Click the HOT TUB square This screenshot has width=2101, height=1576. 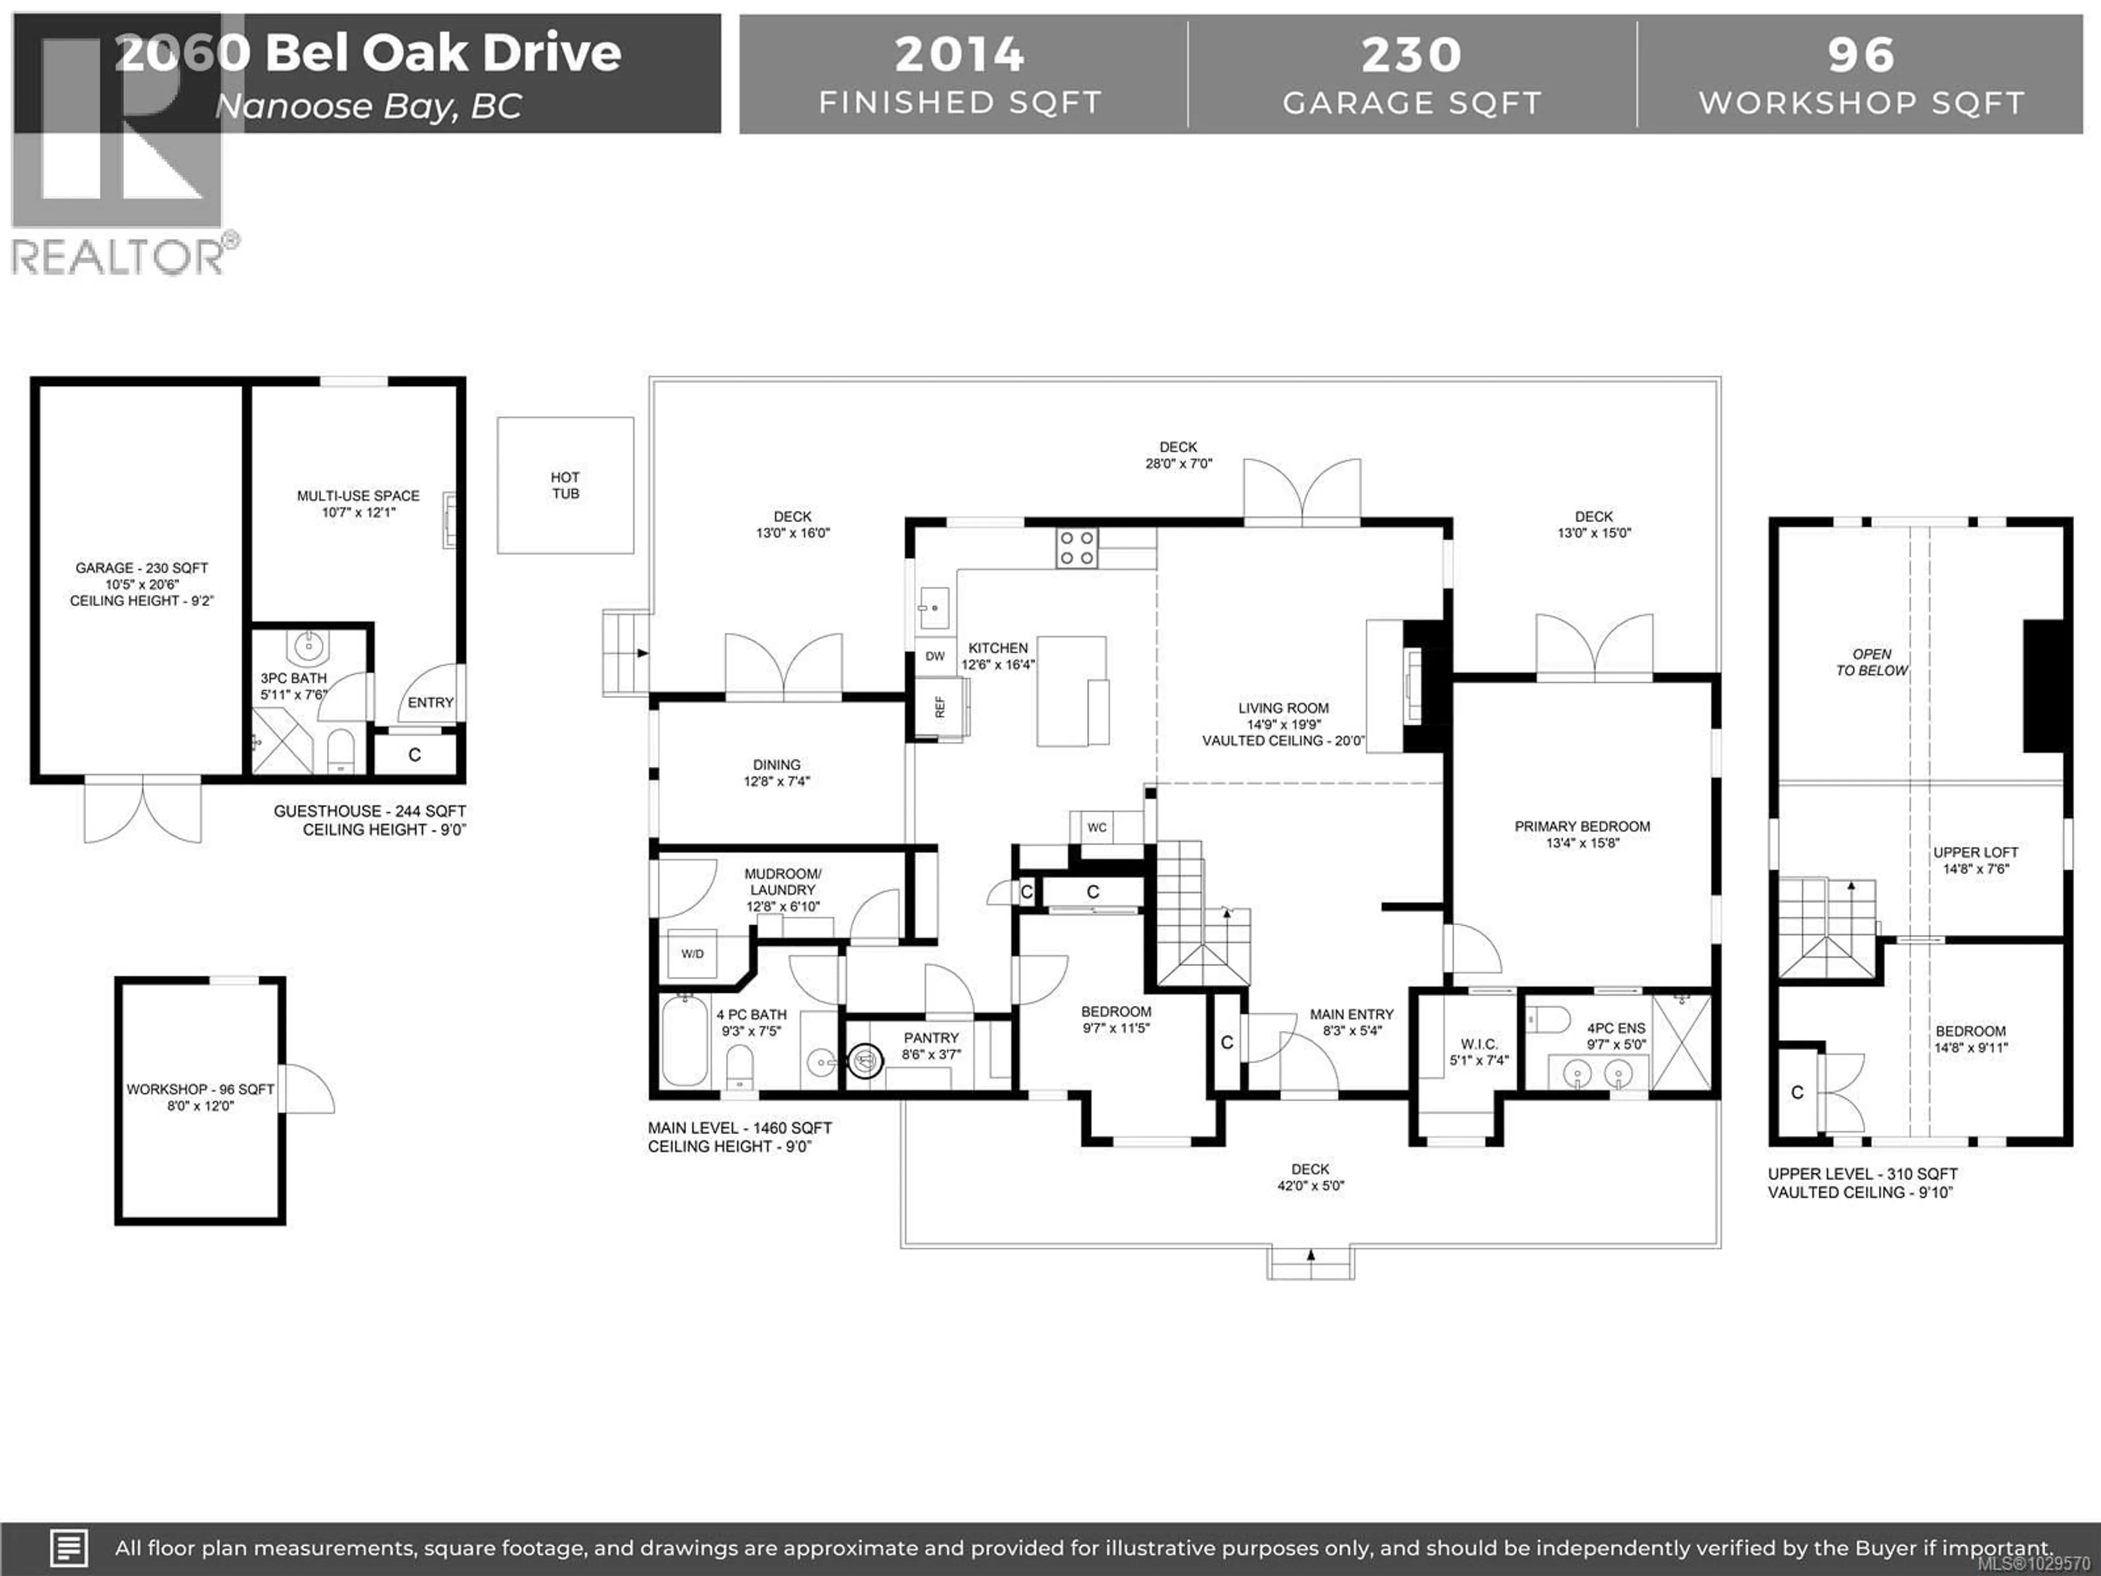pyautogui.click(x=565, y=485)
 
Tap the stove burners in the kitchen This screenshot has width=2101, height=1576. pyautogui.click(x=1077, y=548)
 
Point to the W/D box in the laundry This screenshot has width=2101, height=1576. pyautogui.click(x=693, y=954)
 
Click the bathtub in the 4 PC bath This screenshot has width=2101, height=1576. pyautogui.click(x=684, y=1040)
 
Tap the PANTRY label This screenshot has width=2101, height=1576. pyautogui.click(x=931, y=1038)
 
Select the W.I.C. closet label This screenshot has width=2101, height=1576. pyautogui.click(x=1479, y=1044)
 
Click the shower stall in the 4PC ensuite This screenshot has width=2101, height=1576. pyautogui.click(x=1681, y=1042)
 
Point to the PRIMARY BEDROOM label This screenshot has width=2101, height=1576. pyautogui.click(x=1582, y=826)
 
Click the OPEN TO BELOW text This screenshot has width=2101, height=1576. pyautogui.click(x=1871, y=662)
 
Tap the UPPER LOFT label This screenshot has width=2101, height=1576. pyautogui.click(x=1976, y=852)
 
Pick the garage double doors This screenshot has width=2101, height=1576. pyautogui.click(x=142, y=809)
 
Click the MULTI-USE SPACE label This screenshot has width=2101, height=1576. pyautogui.click(x=358, y=496)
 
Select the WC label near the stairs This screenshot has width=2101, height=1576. pyautogui.click(x=1097, y=827)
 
